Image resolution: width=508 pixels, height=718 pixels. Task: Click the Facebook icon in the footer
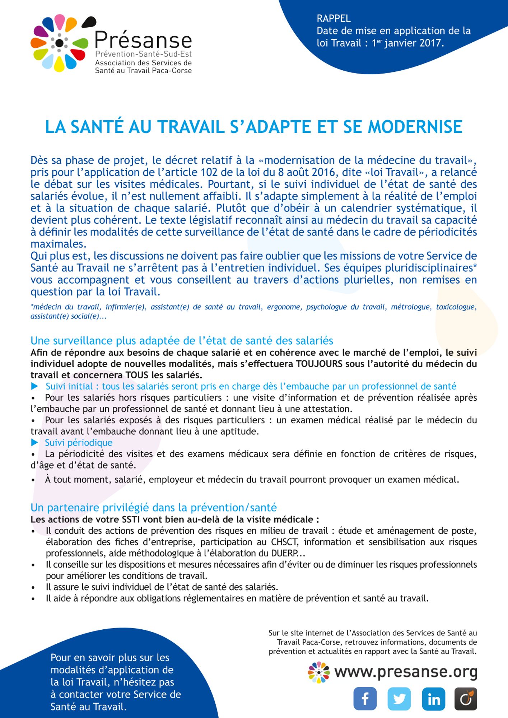pyautogui.click(x=365, y=699)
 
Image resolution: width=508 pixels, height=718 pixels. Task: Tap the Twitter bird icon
pyautogui.click(x=399, y=699)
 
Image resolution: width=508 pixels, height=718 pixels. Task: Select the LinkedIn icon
pyautogui.click(x=434, y=699)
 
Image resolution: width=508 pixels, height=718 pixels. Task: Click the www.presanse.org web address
pyautogui.click(x=406, y=672)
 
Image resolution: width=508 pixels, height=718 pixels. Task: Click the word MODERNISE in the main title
pyautogui.click(x=415, y=127)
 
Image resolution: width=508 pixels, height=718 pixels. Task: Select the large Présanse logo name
pyautogui.click(x=143, y=40)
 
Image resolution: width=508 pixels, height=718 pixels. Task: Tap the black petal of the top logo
pyautogui.click(x=89, y=22)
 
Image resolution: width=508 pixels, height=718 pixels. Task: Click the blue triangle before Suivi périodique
pyautogui.click(x=34, y=442)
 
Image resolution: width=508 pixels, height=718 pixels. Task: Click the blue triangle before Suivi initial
pyautogui.click(x=35, y=386)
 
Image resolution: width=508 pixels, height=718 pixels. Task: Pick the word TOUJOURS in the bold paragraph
pyautogui.click(x=319, y=364)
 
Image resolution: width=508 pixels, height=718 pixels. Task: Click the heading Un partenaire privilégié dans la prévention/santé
pyautogui.click(x=154, y=508)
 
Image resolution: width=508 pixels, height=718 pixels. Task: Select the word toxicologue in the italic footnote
pyautogui.click(x=456, y=307)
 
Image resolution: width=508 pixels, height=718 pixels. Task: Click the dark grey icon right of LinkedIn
pyautogui.click(x=466, y=699)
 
